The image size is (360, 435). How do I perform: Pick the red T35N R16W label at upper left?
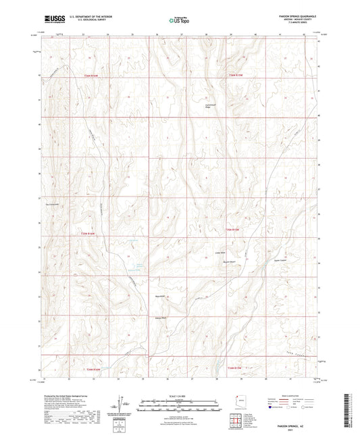click(91, 75)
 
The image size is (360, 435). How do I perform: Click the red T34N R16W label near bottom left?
click(92, 369)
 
